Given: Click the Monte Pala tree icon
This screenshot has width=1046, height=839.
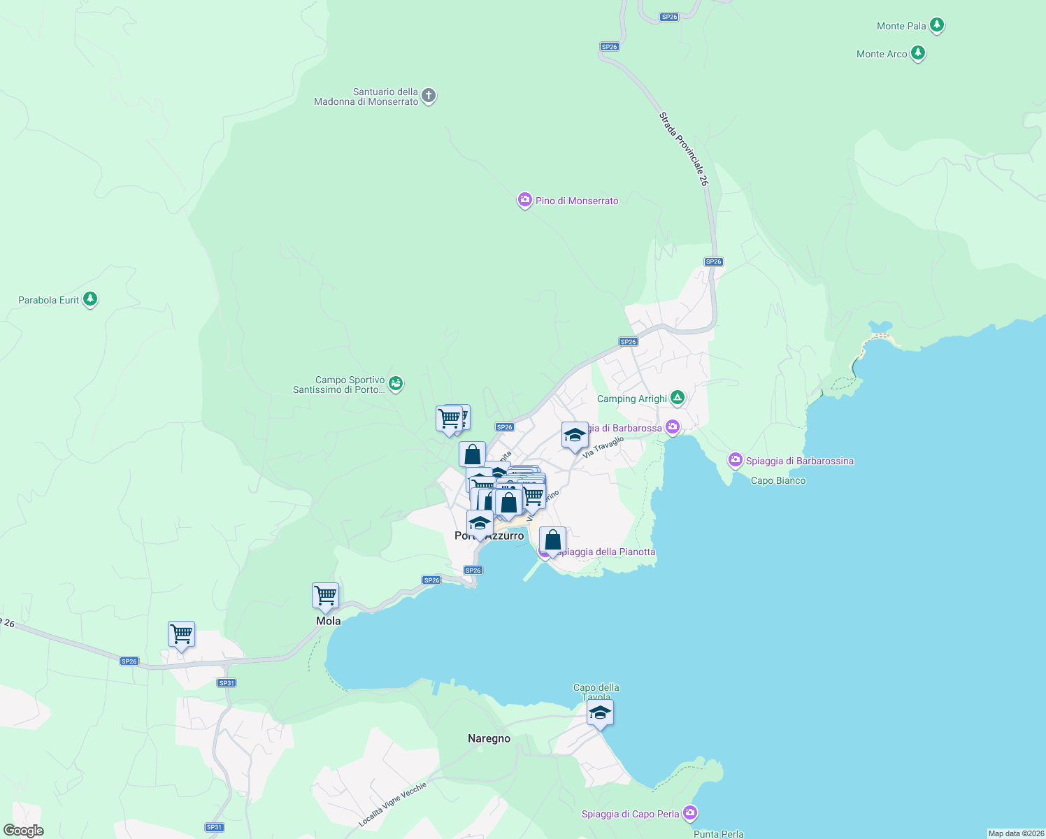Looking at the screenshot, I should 937,26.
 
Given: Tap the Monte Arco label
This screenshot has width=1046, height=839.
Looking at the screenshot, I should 882,54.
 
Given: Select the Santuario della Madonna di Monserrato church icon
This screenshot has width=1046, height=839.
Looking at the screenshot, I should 429,96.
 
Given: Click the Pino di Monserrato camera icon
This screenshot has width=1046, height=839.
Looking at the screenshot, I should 524,201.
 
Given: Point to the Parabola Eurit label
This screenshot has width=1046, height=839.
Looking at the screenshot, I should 48,300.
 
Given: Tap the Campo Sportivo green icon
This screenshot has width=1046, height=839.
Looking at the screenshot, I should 396,383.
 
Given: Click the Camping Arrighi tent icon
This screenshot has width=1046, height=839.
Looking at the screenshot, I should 677,398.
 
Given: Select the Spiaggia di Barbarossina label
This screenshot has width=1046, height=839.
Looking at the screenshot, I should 799,461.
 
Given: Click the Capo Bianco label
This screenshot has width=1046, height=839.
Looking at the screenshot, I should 778,480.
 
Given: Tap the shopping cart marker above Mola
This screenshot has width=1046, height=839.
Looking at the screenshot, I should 325,596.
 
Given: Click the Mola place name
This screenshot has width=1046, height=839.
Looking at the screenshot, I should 328,621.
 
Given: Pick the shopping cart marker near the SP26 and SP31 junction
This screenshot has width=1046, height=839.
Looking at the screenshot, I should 181,634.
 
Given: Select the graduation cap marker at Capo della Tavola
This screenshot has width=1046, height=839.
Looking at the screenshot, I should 599,713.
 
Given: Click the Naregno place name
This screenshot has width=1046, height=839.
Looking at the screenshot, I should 489,738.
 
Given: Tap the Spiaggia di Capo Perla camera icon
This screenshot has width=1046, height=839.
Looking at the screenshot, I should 690,813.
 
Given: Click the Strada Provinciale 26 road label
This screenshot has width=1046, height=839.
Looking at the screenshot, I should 684,149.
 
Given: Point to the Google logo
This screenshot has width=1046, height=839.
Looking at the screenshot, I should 24,831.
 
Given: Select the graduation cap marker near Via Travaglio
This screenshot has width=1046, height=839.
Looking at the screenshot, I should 574,436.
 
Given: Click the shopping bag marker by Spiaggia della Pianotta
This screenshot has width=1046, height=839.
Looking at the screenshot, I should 552,540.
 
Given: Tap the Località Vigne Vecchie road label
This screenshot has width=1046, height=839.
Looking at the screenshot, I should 392,804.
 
